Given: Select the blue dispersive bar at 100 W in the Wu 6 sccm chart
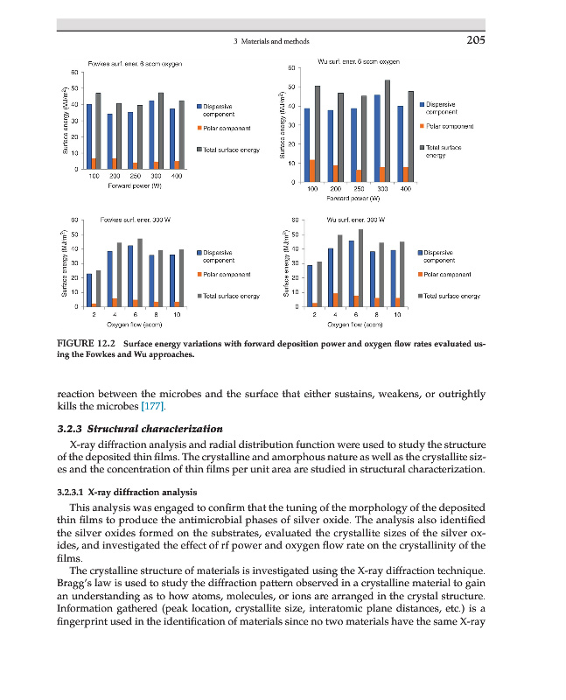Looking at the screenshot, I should (x=307, y=145).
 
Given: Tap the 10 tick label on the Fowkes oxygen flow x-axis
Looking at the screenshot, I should (x=178, y=312).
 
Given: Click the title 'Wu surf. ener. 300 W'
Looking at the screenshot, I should (x=350, y=219).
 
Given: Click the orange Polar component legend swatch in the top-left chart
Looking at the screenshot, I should (x=199, y=128).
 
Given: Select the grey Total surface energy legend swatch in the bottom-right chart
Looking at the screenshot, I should (x=424, y=296).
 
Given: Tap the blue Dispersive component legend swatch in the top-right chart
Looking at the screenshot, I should (x=424, y=106).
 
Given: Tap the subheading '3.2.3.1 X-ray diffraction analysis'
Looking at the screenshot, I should (x=133, y=493).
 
